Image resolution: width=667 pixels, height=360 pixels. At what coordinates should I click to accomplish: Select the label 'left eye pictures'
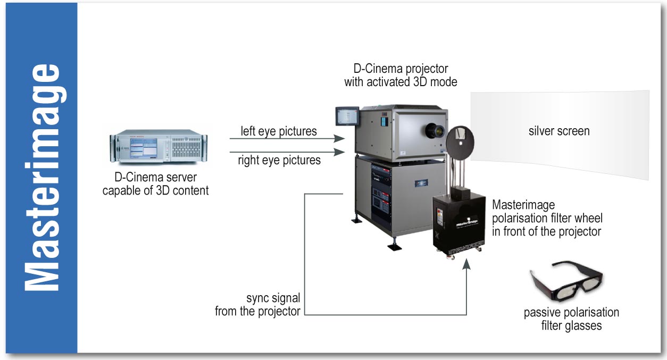(279, 131)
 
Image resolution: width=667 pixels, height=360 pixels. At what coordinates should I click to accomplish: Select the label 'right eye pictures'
(279, 160)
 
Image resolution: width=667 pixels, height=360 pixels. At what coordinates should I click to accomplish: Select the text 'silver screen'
(559, 131)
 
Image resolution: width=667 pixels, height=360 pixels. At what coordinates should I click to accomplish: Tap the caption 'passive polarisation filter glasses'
(571, 319)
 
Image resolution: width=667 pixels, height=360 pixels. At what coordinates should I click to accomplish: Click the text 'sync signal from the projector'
(258, 305)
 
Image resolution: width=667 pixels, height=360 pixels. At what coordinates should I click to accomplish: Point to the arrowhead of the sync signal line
(466, 263)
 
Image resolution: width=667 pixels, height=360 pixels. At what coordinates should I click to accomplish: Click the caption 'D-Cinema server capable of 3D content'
(155, 183)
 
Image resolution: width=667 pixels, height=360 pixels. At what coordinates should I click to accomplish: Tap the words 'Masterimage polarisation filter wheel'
(547, 211)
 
